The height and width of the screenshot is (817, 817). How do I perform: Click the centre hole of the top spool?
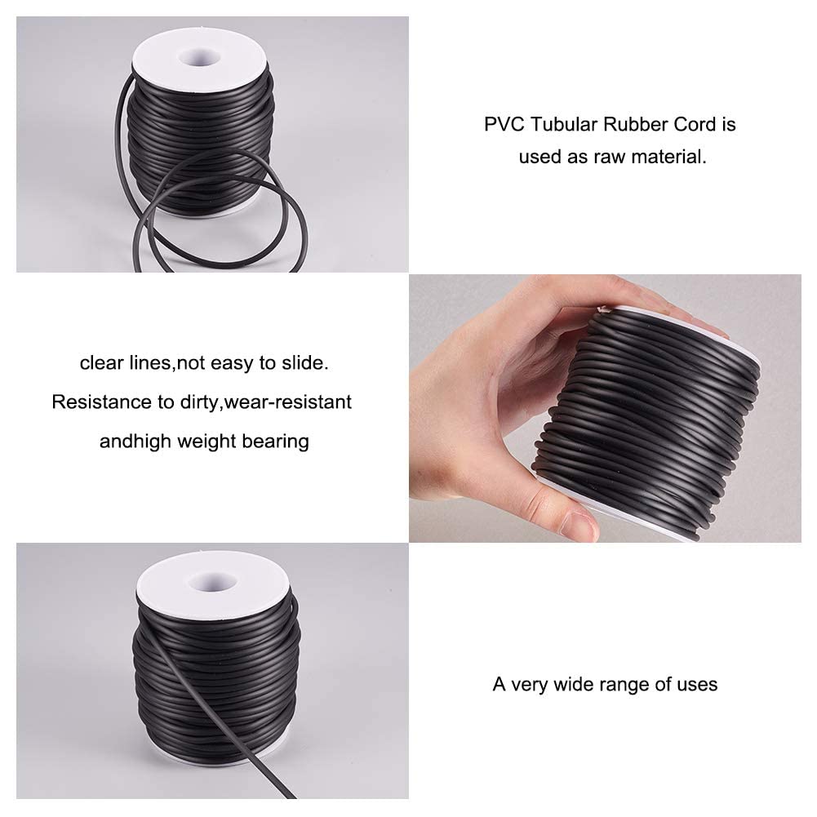pyautogui.click(x=200, y=57)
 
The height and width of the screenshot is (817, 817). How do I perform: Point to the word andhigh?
pyautogui.click(x=135, y=442)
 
